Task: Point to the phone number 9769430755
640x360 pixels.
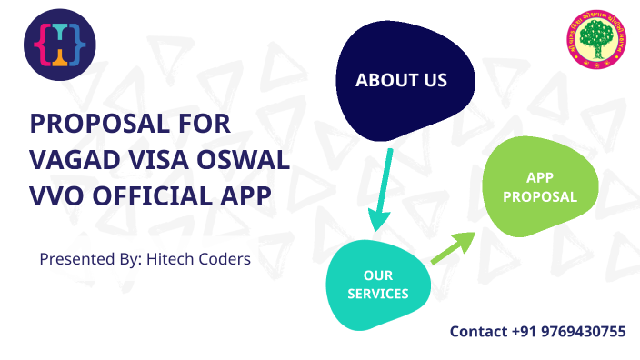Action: click(582, 332)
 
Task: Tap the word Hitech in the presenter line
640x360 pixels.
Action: click(170, 259)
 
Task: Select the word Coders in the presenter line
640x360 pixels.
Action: click(224, 259)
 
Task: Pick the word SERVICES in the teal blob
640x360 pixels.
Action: click(378, 294)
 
